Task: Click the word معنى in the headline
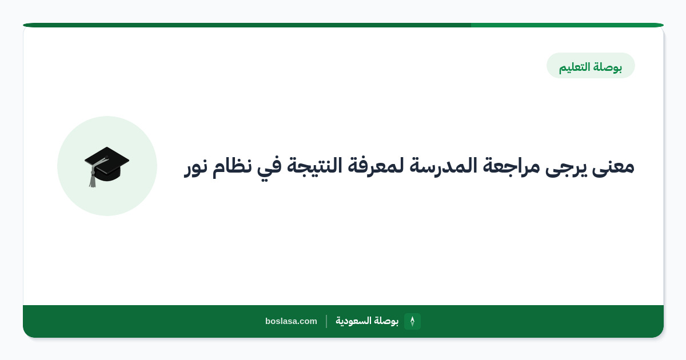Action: (x=613, y=167)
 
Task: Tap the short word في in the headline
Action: (x=269, y=167)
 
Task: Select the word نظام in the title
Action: (x=232, y=167)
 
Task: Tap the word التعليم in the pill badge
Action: (x=575, y=67)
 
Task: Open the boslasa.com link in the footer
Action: (x=291, y=321)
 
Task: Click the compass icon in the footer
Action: (x=412, y=321)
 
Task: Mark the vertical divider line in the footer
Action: (x=326, y=321)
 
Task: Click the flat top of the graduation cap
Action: (x=107, y=160)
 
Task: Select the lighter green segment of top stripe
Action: (x=567, y=25)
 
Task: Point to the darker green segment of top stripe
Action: (x=247, y=25)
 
